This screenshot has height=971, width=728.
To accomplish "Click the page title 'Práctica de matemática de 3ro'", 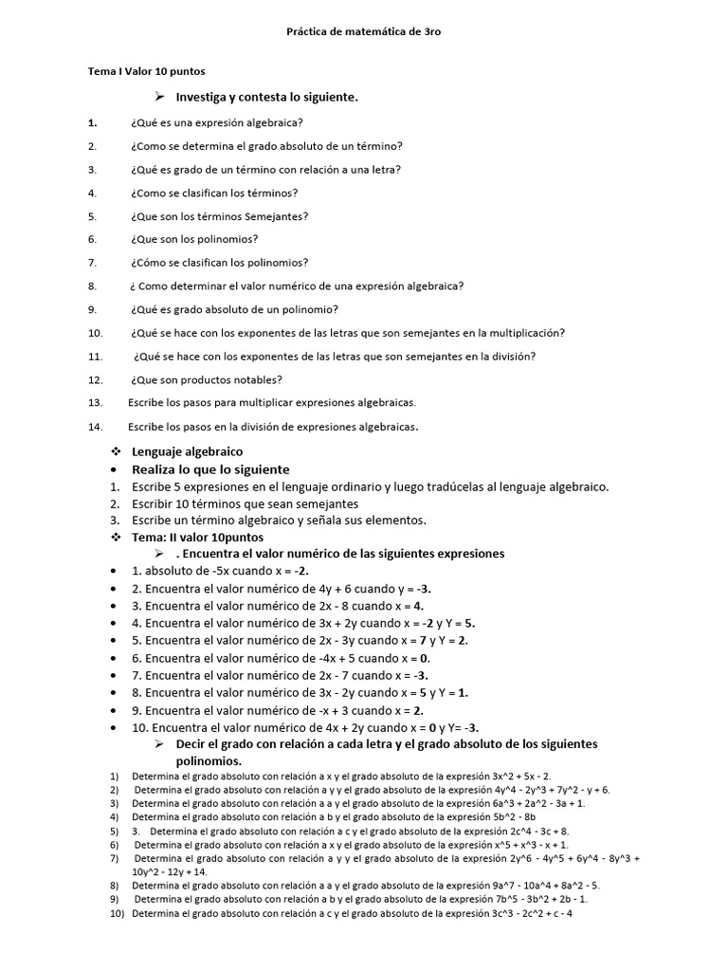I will [364, 31].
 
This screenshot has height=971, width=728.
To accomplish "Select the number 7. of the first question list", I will [92, 263].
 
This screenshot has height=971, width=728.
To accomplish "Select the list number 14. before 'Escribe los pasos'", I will [94, 426].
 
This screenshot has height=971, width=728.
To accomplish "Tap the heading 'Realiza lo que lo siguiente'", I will [210, 469].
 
